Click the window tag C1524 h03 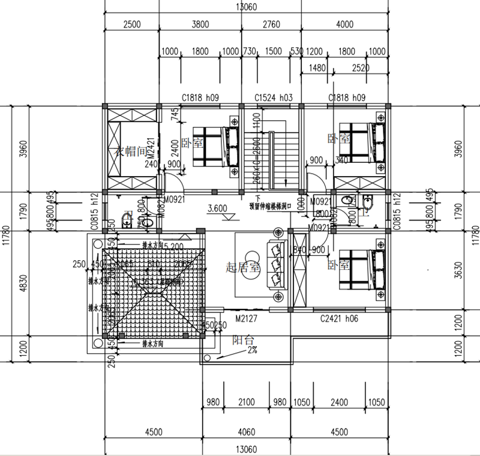point(273,97)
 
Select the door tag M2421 point(152,148)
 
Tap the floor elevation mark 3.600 point(218,209)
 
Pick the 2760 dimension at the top point(272,25)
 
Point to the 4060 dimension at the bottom point(246,431)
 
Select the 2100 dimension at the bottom point(246,403)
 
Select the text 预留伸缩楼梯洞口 point(270,204)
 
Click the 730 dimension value point(248,52)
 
